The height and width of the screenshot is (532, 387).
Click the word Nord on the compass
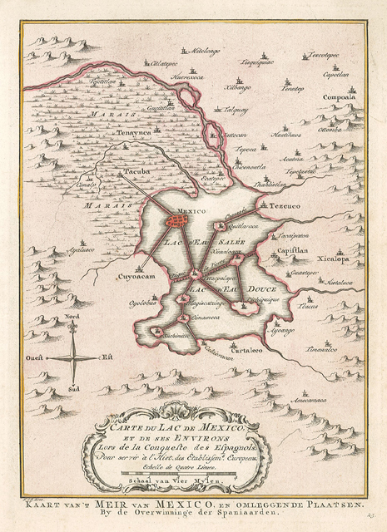pos(73,317)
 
